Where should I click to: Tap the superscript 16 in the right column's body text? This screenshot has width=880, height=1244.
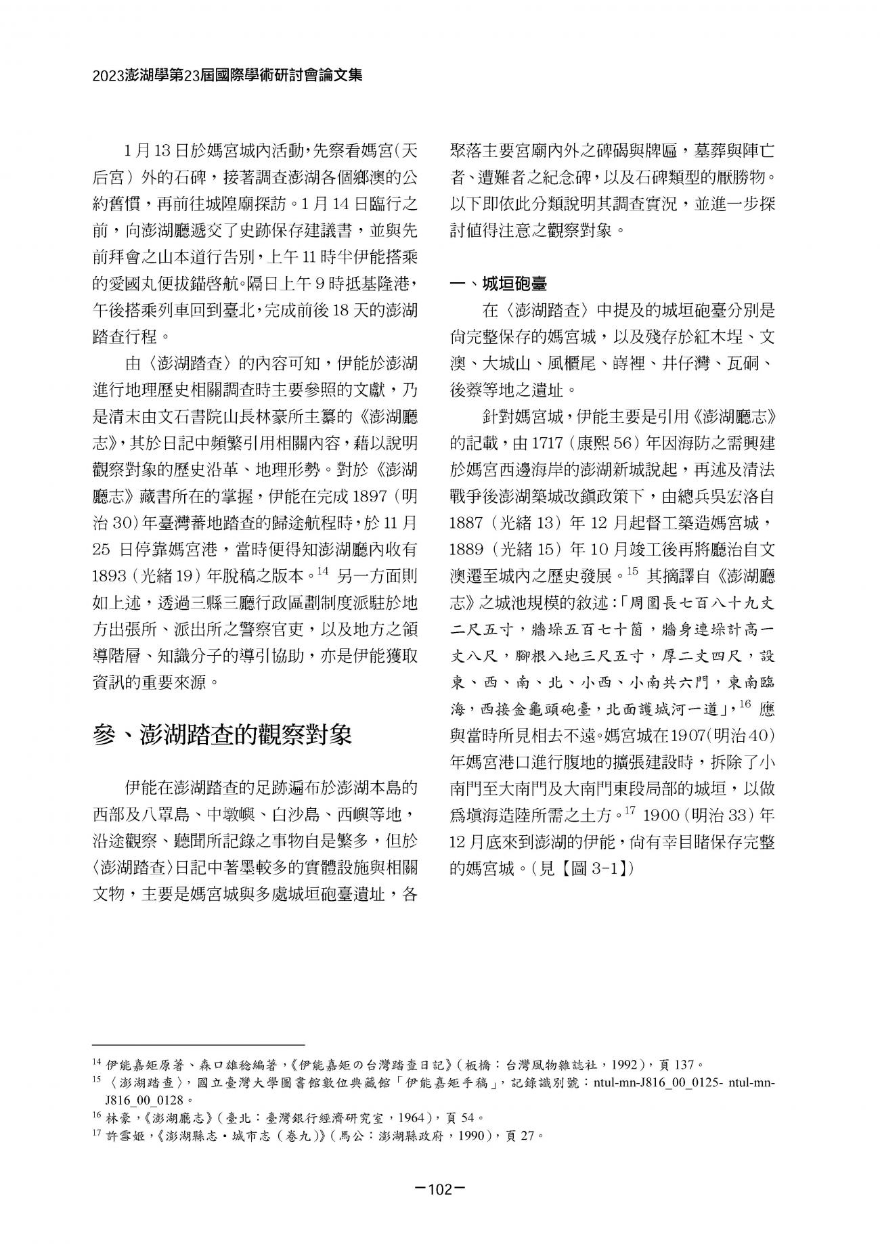[745, 705]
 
